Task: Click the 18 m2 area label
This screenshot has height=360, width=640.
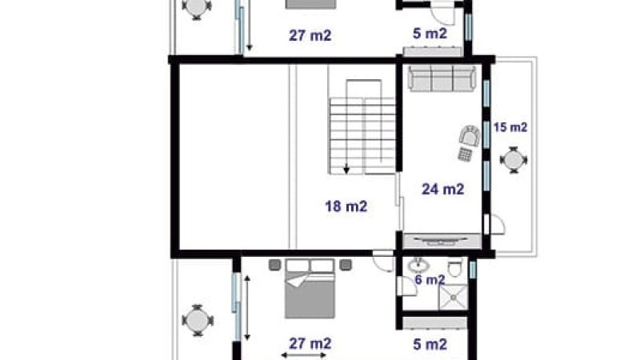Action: (x=346, y=206)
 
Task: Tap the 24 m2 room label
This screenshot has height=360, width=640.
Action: (x=443, y=189)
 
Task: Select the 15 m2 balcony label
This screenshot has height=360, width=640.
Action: (x=510, y=127)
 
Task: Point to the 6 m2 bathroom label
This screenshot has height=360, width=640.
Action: (x=430, y=279)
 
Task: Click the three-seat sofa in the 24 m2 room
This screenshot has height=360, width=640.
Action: (x=442, y=78)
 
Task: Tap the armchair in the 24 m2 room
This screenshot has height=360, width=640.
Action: (x=470, y=135)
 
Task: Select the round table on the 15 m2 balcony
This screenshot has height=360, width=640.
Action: (x=514, y=159)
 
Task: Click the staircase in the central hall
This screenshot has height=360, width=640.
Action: (x=362, y=127)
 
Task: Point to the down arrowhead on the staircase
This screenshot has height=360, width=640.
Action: (x=346, y=169)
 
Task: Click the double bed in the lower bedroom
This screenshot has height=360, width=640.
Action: (x=310, y=288)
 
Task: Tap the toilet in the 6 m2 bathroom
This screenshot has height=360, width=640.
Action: (x=454, y=267)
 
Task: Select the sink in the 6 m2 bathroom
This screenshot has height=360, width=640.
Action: (x=418, y=266)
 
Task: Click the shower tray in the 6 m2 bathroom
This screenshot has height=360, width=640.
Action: (x=453, y=297)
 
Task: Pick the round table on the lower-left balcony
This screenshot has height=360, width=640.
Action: (x=198, y=321)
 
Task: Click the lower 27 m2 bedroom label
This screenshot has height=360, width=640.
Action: (x=310, y=344)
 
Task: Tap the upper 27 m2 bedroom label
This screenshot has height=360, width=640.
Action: (x=310, y=35)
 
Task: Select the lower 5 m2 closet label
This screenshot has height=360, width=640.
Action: (x=430, y=344)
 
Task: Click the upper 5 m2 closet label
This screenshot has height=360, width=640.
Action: (x=430, y=33)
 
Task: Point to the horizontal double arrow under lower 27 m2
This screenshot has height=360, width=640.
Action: (x=304, y=355)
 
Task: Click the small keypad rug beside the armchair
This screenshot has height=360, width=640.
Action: (x=465, y=154)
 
